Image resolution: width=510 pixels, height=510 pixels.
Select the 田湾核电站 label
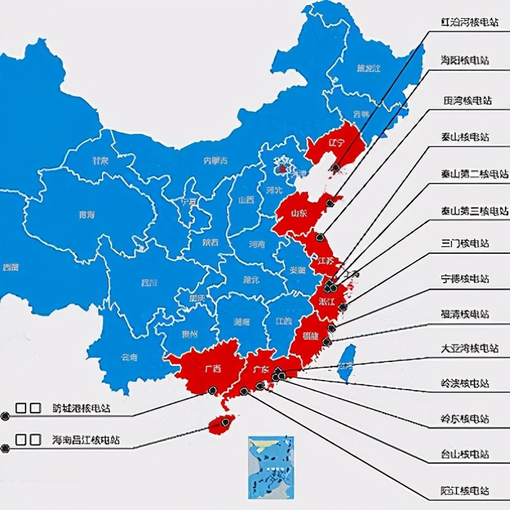(x=467, y=101)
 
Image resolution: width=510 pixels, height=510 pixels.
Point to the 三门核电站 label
(x=465, y=244)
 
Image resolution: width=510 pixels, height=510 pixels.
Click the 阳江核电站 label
(x=465, y=490)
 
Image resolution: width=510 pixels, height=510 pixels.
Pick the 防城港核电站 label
(x=85, y=408)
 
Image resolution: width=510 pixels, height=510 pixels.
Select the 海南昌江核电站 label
(x=85, y=440)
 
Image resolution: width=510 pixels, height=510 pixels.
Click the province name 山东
(x=298, y=214)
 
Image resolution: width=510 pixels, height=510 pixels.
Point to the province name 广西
(x=212, y=369)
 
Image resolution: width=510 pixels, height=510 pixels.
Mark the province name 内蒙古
(x=215, y=161)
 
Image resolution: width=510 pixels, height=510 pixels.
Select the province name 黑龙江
(x=368, y=68)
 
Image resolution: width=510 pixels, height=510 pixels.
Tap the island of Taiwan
(x=346, y=363)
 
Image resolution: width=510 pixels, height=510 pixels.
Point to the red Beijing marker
(x=281, y=169)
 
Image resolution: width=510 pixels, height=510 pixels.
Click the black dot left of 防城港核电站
(x=6, y=416)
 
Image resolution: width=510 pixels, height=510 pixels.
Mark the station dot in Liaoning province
(x=335, y=168)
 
